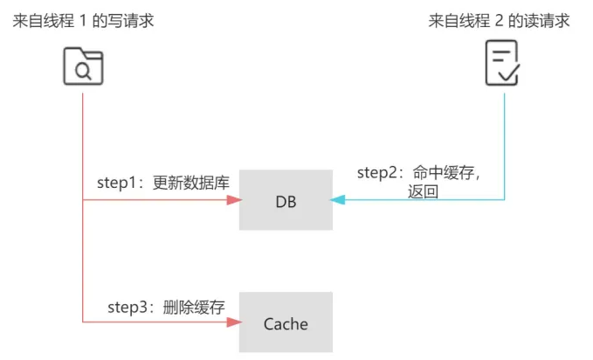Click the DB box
(286, 200)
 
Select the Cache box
(286, 322)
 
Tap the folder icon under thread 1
(83, 66)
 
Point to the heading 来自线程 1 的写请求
(83, 19)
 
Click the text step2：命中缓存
(419, 172)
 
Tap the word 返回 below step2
(423, 191)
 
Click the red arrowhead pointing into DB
(233, 200)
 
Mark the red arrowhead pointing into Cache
(233, 322)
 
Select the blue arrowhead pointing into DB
(338, 200)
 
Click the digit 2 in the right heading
(499, 19)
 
